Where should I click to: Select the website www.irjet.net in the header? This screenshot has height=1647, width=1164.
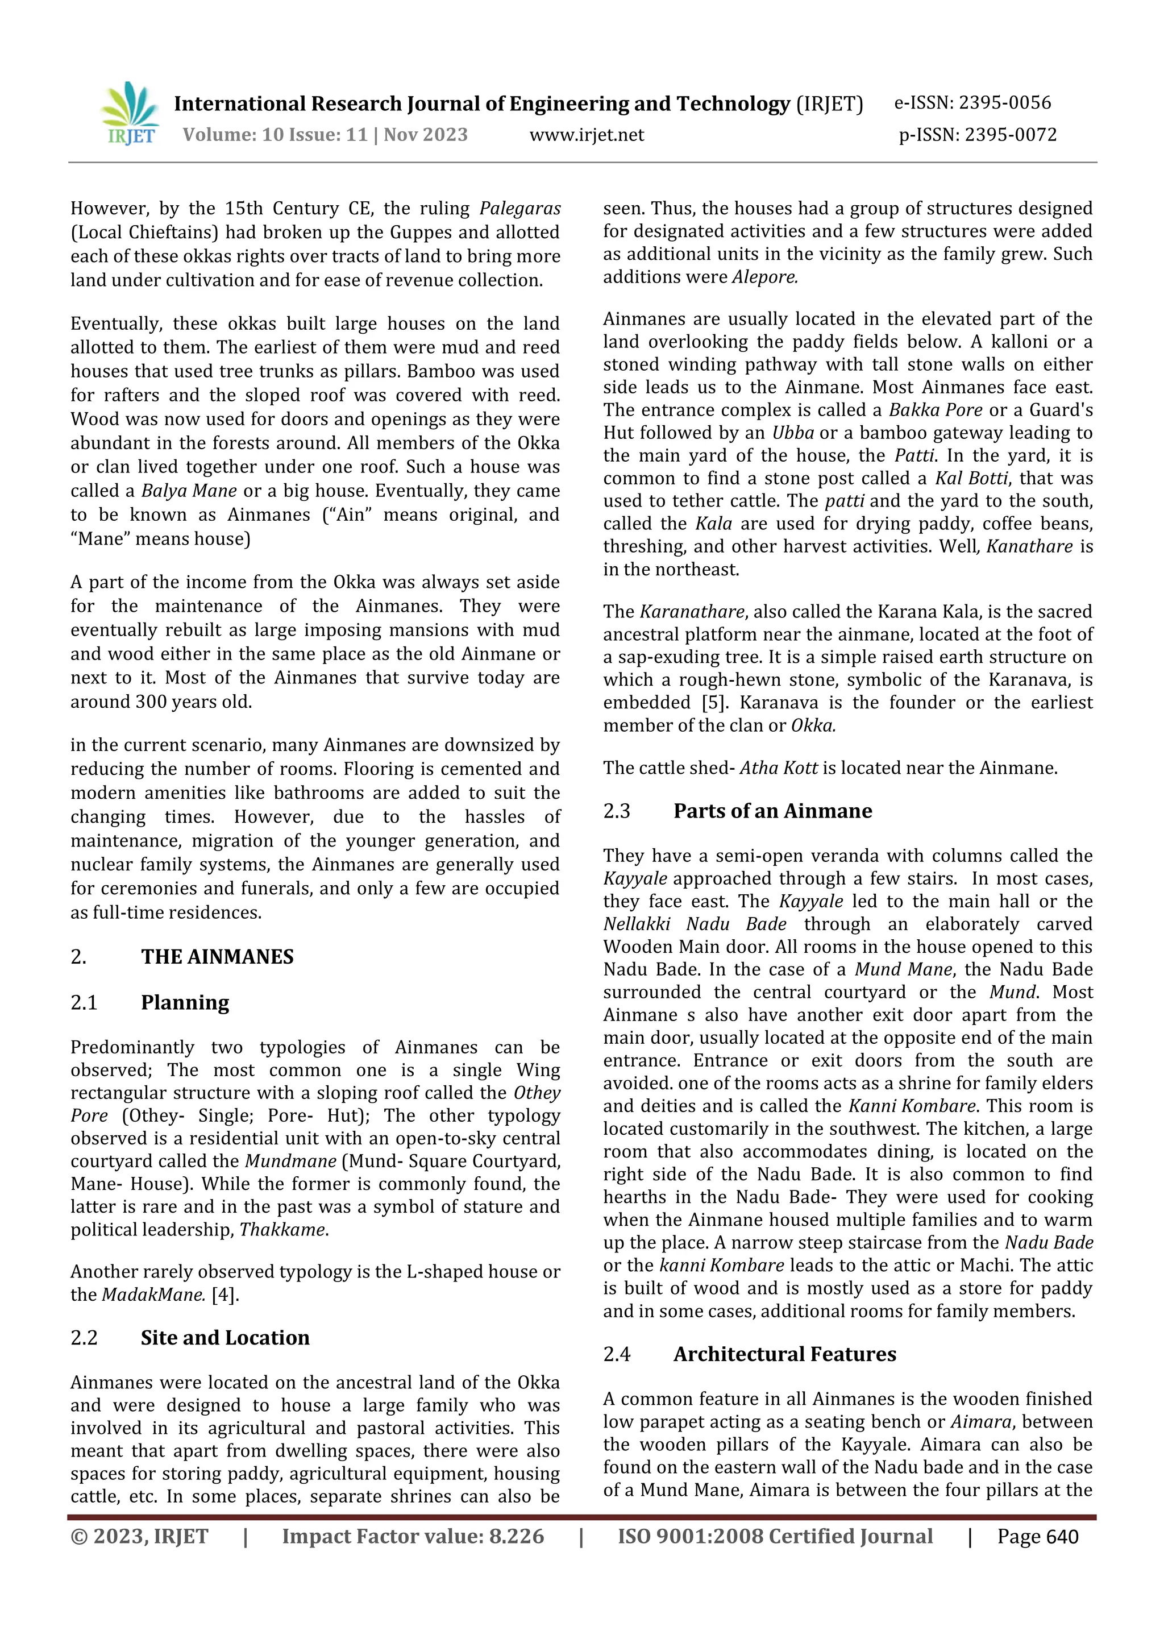(586, 135)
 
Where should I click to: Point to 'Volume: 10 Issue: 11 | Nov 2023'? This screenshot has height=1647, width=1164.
(325, 135)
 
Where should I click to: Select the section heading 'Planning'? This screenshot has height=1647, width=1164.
(185, 1002)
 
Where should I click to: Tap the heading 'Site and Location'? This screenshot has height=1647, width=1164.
(225, 1338)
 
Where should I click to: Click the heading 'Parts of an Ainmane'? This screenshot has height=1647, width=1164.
(772, 811)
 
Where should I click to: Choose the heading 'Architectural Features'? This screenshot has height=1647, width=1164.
(784, 1354)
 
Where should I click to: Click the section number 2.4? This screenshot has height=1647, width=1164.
(616, 1354)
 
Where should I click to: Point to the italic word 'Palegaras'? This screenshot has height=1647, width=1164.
(520, 209)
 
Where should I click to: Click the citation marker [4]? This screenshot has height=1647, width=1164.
(225, 1295)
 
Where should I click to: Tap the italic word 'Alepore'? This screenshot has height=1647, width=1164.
(764, 277)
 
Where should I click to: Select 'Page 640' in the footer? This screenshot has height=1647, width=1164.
(1037, 1537)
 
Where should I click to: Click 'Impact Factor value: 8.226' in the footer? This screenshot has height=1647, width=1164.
(413, 1537)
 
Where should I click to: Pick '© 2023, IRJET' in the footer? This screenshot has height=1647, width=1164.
(139, 1537)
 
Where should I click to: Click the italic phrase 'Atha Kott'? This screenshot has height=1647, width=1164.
(778, 768)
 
